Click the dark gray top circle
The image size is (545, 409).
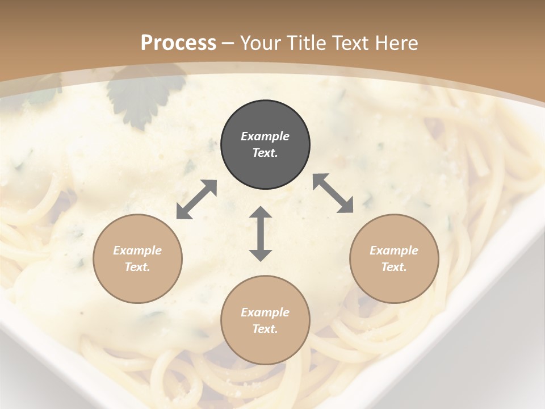[265, 145]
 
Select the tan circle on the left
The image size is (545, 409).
[137, 259]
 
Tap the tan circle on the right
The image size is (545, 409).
[394, 259]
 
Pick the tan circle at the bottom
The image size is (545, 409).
[265, 320]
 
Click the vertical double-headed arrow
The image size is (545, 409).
[261, 233]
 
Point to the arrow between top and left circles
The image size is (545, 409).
[196, 199]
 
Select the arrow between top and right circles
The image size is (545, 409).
[333, 193]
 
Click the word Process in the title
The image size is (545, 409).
[178, 43]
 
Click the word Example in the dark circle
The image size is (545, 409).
[265, 136]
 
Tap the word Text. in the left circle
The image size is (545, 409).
[137, 267]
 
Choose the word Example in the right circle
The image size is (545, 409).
[394, 251]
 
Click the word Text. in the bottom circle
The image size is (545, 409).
[265, 329]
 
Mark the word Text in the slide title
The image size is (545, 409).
[350, 43]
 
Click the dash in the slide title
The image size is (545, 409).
[228, 43]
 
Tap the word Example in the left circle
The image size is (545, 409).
[137, 251]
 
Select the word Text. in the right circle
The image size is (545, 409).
[394, 267]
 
